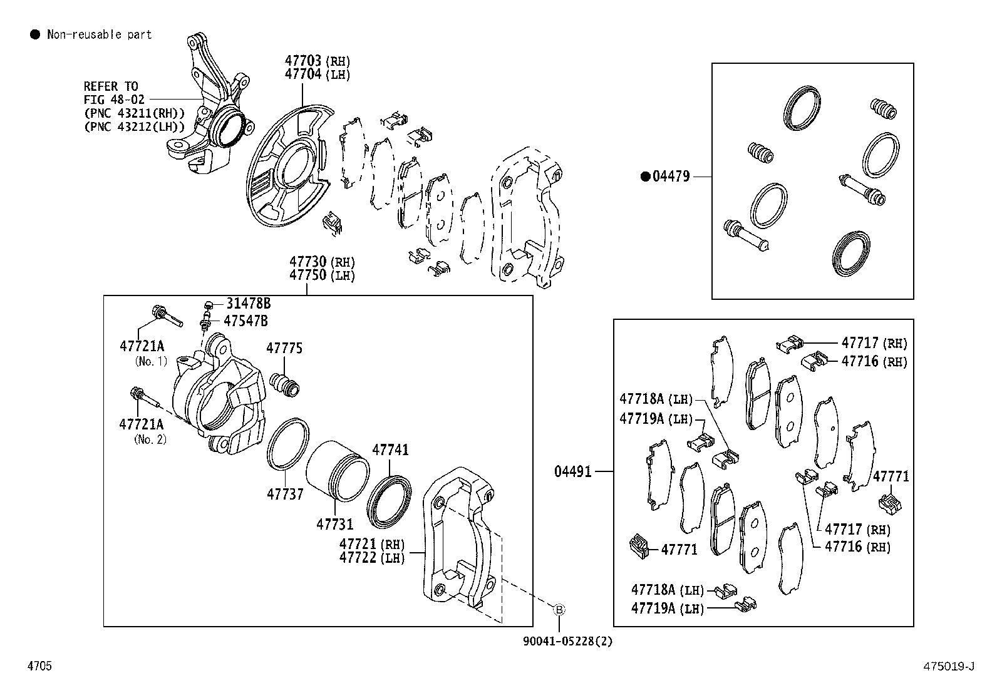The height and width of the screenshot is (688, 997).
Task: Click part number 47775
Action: [284, 349]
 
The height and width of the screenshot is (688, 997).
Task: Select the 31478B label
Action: [248, 304]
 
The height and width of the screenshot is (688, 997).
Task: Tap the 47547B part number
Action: [245, 321]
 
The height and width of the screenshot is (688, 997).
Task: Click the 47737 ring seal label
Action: [285, 495]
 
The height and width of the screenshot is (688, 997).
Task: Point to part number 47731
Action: [334, 525]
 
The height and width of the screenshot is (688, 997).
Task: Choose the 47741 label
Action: [390, 450]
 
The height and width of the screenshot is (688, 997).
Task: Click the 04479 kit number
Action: [671, 177]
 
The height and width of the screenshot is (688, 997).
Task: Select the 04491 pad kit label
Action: [572, 471]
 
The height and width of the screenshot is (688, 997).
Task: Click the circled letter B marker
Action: [559, 609]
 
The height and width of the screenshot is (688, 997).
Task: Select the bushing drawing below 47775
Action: [286, 384]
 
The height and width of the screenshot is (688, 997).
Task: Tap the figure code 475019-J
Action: [948, 666]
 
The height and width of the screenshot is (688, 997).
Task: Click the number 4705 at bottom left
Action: [39, 666]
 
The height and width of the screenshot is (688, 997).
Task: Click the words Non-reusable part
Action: [99, 35]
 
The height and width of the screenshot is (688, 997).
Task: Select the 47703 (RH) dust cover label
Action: [317, 61]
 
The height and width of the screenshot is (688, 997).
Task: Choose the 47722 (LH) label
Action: [372, 557]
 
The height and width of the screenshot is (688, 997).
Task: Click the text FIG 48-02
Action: [114, 100]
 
